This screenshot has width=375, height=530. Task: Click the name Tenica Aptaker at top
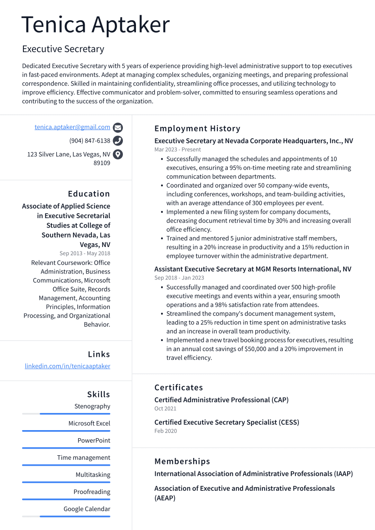[x=95, y=25]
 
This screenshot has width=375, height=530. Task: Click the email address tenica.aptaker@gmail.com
[x=72, y=127]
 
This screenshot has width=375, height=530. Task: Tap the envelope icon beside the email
[x=118, y=127]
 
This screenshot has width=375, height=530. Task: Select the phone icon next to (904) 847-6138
[x=118, y=141]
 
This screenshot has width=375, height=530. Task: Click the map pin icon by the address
[x=118, y=154]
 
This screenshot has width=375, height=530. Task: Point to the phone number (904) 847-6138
[x=90, y=141]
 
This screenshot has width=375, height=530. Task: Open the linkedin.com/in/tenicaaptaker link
[x=68, y=366]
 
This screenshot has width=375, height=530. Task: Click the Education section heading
[x=89, y=194]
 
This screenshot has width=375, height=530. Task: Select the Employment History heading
[x=197, y=129]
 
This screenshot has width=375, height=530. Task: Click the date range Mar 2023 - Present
[x=177, y=149]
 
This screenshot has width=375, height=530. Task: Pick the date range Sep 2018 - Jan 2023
[x=179, y=278]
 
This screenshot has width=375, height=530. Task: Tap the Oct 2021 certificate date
[x=165, y=409]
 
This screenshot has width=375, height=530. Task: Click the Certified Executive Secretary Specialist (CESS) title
[x=226, y=422]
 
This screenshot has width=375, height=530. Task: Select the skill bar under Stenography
[x=66, y=413]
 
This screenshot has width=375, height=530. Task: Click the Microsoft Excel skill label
[x=89, y=423]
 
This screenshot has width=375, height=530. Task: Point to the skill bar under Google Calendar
[x=66, y=516]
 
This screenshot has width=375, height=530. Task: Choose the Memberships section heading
[x=182, y=462]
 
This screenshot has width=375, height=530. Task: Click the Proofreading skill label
[x=92, y=492]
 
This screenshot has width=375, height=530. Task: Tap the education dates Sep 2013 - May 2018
[x=85, y=254]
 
